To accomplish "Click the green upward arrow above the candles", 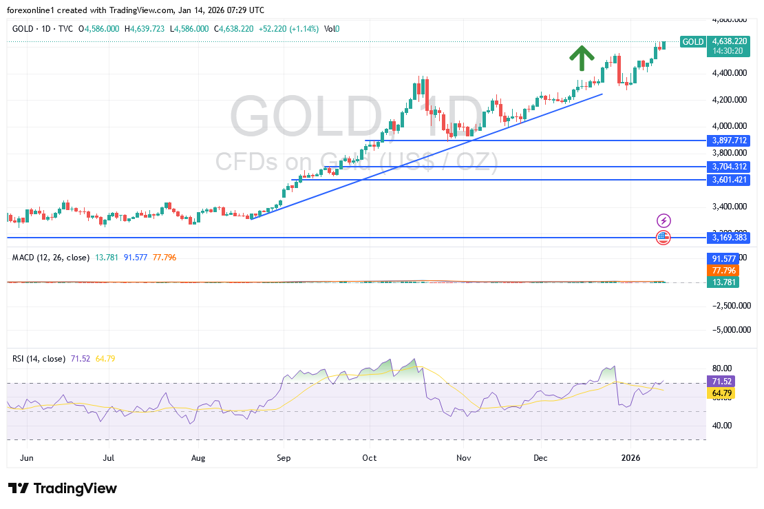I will pos(582,58).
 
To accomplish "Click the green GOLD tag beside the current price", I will pos(692,42).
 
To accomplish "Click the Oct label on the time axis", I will pos(370,457).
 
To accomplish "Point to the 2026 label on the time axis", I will pos(630,457).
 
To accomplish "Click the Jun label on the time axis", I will pos(28,457).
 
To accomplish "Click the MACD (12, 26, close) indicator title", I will pos(50,258).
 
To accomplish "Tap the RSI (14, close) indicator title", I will pos(39,359).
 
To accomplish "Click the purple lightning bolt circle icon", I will pos(664,220).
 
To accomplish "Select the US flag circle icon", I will pos(664,237).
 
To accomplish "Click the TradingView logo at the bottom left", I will pos(63,488).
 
